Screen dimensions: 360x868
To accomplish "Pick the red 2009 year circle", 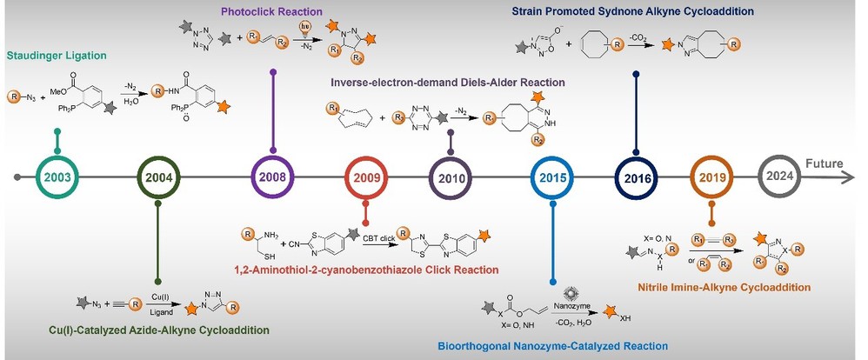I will [x=366, y=177].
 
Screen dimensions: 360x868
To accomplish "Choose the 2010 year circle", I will [x=451, y=177].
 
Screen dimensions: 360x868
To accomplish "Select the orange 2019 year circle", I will [x=711, y=177].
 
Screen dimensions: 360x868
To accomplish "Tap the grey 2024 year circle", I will [x=780, y=177].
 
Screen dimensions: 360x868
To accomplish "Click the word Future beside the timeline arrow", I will [x=827, y=163].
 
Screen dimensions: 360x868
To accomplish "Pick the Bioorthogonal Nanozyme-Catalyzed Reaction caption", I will [x=553, y=345].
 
